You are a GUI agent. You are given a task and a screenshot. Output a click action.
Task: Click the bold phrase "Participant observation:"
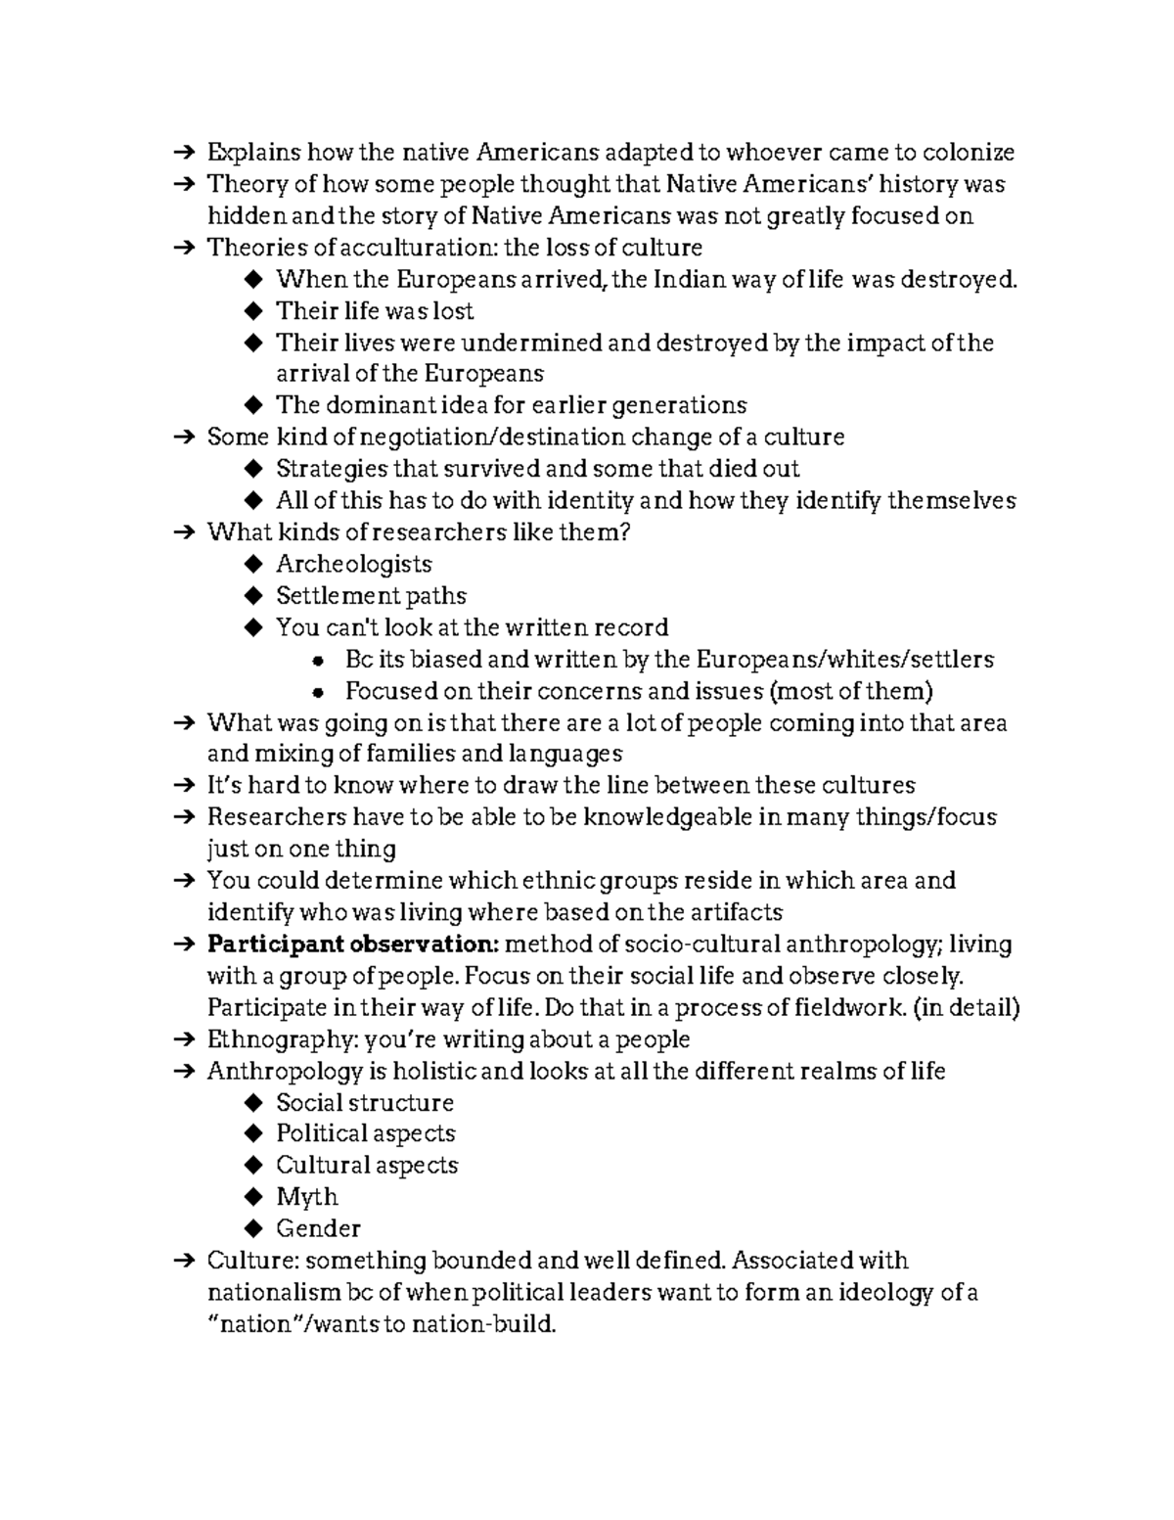(x=353, y=944)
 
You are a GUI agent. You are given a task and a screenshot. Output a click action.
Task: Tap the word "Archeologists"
(x=353, y=565)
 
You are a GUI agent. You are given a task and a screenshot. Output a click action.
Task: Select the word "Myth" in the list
(x=307, y=1197)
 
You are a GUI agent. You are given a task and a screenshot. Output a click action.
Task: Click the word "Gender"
(x=318, y=1228)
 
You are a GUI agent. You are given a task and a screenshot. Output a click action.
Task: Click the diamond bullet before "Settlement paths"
(x=254, y=596)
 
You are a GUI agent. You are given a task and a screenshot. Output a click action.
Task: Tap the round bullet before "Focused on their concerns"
(x=317, y=692)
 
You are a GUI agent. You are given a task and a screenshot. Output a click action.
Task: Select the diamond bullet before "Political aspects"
(x=254, y=1134)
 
